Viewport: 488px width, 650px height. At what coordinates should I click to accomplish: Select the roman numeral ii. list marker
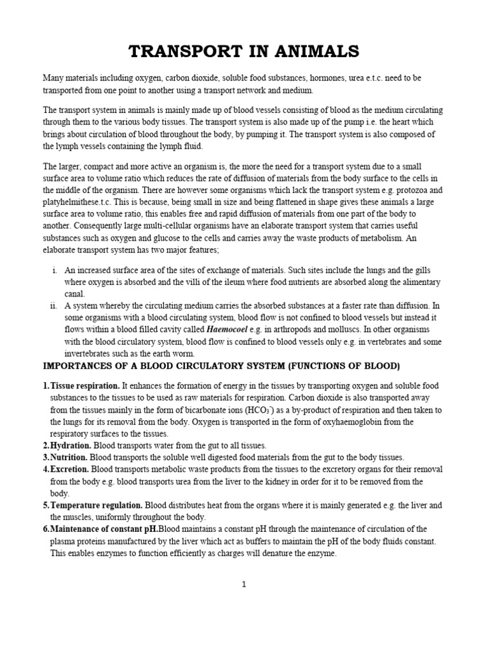tap(53, 305)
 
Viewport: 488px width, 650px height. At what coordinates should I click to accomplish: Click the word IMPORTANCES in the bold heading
tap(81, 366)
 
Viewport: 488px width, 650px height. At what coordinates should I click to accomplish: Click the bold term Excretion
tap(70, 469)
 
